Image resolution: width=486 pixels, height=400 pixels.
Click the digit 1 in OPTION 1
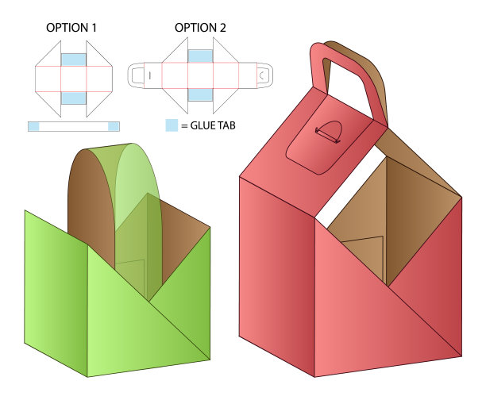click(x=94, y=28)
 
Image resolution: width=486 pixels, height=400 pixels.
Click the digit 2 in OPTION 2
click(x=222, y=28)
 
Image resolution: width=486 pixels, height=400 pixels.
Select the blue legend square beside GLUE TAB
click(x=172, y=125)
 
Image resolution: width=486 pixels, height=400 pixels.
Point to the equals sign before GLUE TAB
click(x=184, y=126)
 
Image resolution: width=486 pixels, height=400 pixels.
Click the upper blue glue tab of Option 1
click(x=74, y=60)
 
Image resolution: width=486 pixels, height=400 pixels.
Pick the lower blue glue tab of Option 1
click(x=74, y=98)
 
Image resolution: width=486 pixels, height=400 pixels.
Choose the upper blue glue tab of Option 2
click(x=200, y=56)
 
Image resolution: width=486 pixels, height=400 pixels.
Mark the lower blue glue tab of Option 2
click(x=200, y=94)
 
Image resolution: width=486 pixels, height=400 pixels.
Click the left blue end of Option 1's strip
click(x=34, y=126)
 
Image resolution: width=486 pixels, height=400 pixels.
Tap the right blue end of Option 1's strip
click(x=114, y=126)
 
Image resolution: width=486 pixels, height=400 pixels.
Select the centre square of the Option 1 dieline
click(x=74, y=79)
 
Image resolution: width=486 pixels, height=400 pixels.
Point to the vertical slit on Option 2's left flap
click(x=150, y=75)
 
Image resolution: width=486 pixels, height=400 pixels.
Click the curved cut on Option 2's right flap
click(x=261, y=75)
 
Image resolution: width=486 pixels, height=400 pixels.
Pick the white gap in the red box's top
click(x=351, y=187)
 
